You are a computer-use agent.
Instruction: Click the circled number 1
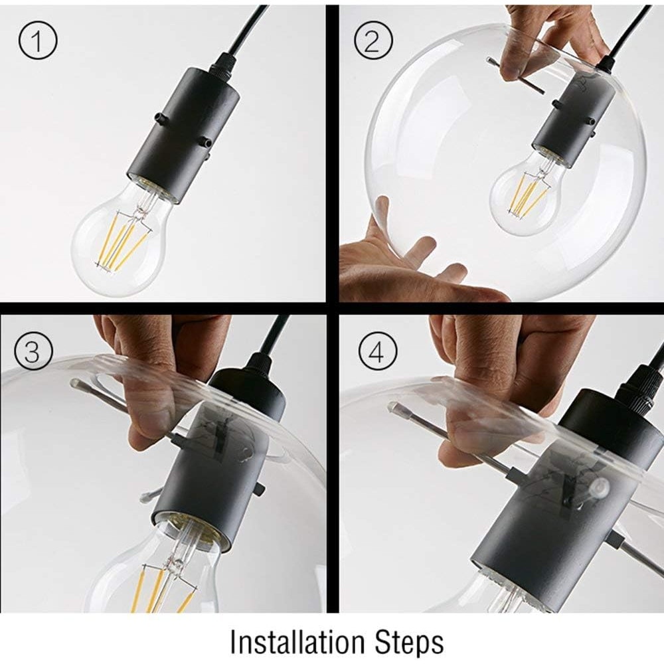click(38, 40)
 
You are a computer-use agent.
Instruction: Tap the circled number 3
click(33, 351)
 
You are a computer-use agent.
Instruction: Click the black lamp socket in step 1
click(183, 134)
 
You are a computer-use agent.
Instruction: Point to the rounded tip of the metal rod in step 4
click(394, 408)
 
